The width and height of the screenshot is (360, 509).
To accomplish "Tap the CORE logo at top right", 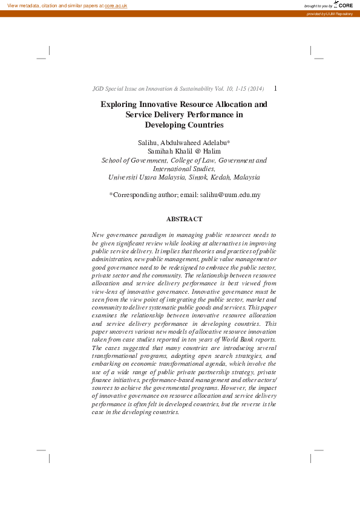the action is click(x=344, y=5).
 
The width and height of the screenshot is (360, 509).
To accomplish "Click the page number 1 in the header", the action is click(x=276, y=88).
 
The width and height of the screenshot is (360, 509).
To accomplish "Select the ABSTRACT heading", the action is click(x=184, y=219).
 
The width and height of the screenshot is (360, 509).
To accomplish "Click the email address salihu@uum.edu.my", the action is click(x=231, y=195).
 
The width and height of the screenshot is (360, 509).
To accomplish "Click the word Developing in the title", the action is click(x=165, y=125).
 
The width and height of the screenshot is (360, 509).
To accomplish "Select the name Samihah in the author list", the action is click(x=161, y=151).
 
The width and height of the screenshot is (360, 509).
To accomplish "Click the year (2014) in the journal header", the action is click(x=255, y=89).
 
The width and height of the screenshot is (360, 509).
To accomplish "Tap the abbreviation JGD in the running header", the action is click(x=98, y=89).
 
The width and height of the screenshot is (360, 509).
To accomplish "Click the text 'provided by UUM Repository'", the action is click(x=329, y=13).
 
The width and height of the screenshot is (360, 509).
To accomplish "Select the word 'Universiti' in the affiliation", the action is click(x=123, y=178).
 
